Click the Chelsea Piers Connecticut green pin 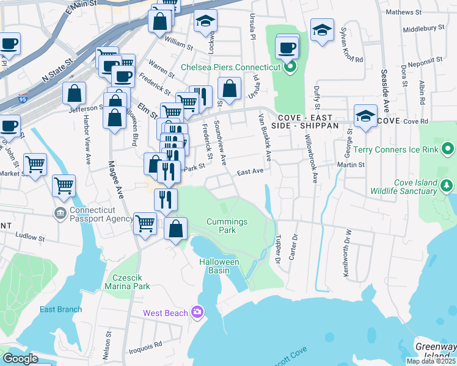pyautogui.click(x=290, y=66)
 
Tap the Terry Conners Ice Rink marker pyautogui.click(x=448, y=149)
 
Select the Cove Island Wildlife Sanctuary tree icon pyautogui.click(x=448, y=185)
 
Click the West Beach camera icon pyautogui.click(x=197, y=312)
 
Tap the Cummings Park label pyautogui.click(x=227, y=226)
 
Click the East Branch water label pyautogui.click(x=60, y=309)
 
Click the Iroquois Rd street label pyautogui.click(x=146, y=348)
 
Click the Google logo pyautogui.click(x=20, y=358)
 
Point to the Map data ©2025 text pyautogui.click(x=431, y=361)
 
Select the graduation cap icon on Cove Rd pyautogui.click(x=365, y=115)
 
